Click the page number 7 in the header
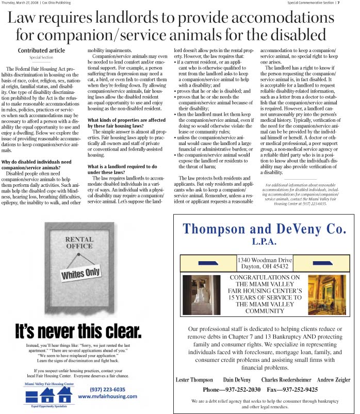coord(352,3)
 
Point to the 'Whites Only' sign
coord(81,273)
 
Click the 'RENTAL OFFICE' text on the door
coord(79,242)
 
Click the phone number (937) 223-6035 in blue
coord(107,389)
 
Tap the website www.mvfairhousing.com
coord(107,396)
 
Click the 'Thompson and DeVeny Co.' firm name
coord(265,229)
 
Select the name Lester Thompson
coord(195,380)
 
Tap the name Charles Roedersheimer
coord(285,380)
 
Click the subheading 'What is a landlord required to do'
coord(122,167)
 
